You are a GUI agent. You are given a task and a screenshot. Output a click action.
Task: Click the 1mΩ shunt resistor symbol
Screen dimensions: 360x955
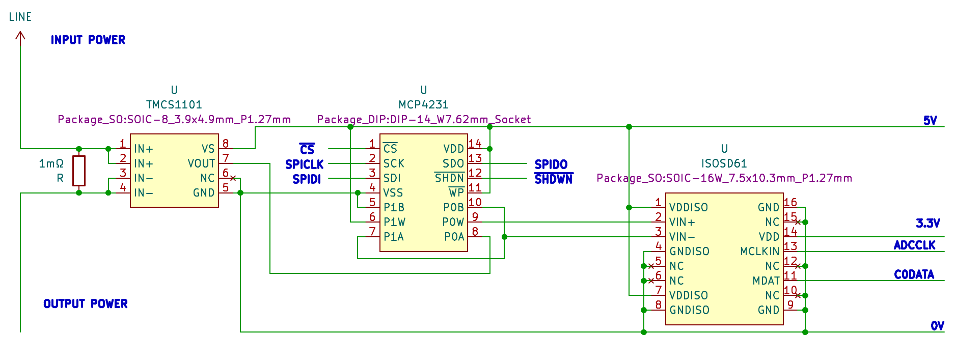pos(79,171)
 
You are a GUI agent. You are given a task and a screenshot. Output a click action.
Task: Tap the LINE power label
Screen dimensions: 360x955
pos(20,17)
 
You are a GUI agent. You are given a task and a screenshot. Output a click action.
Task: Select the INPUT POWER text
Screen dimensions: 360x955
pos(88,40)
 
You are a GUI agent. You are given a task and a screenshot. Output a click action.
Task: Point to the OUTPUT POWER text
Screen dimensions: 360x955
pos(86,303)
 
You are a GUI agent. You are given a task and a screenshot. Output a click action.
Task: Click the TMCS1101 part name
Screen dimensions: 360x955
pos(174,104)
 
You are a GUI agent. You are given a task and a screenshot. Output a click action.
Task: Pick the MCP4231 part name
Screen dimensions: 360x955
pos(424,104)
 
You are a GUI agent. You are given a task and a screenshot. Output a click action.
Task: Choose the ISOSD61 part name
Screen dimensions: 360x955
pos(724,163)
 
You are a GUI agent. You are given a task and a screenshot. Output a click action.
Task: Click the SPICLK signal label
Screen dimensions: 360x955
pos(305,164)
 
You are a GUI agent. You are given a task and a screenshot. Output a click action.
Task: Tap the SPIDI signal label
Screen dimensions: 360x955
pos(307,179)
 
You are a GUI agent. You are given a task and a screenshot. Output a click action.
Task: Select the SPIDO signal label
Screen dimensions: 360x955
pos(551,164)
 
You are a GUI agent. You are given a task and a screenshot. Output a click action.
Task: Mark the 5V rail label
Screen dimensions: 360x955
pos(930,121)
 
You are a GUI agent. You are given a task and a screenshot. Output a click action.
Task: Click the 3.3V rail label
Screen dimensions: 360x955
pos(928,223)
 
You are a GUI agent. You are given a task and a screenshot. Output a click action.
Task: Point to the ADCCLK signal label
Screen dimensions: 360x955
pos(915,245)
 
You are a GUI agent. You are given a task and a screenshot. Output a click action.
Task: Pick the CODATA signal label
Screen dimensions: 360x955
pos(914,274)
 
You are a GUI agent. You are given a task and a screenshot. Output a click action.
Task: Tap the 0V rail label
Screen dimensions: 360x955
pos(938,326)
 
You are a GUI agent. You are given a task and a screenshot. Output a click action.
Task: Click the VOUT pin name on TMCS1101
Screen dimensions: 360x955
pos(201,163)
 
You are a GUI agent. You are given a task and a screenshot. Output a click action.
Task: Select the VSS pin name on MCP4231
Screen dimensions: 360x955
pos(393,193)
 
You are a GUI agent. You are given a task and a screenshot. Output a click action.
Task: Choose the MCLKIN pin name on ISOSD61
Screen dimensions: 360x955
pos(760,252)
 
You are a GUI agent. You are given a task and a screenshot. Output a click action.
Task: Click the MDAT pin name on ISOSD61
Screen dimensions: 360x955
pos(766,281)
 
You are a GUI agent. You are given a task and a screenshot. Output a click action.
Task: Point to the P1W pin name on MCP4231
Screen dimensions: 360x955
pos(394,222)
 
